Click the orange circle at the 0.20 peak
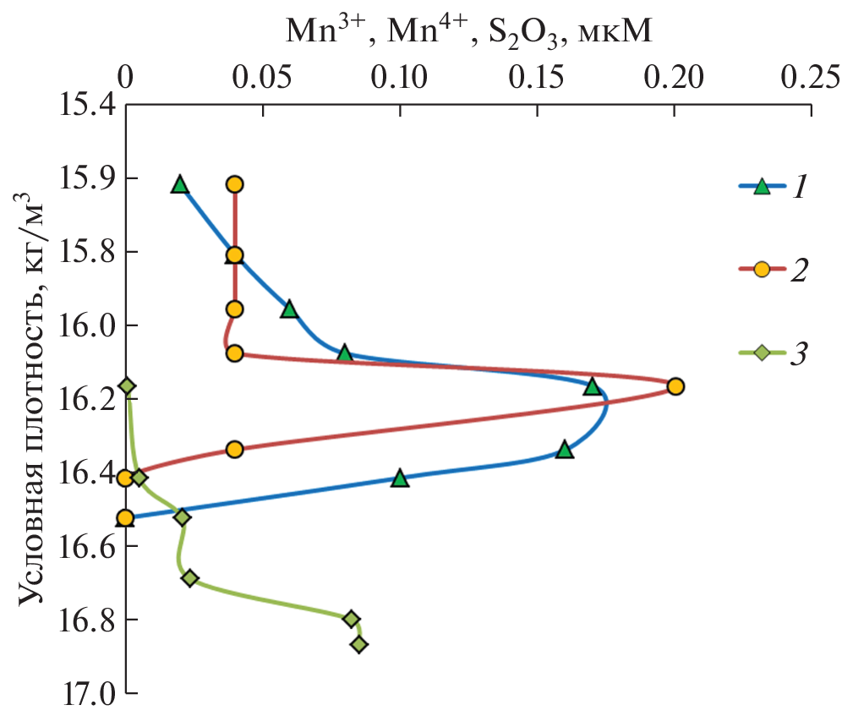675,386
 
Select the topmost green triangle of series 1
179,184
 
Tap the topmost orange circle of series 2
235,184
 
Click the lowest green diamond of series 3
359,644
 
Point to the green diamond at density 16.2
128,386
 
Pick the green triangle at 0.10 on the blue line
400,478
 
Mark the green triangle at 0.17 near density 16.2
592,386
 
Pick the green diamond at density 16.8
352,619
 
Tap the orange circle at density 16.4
125,478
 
